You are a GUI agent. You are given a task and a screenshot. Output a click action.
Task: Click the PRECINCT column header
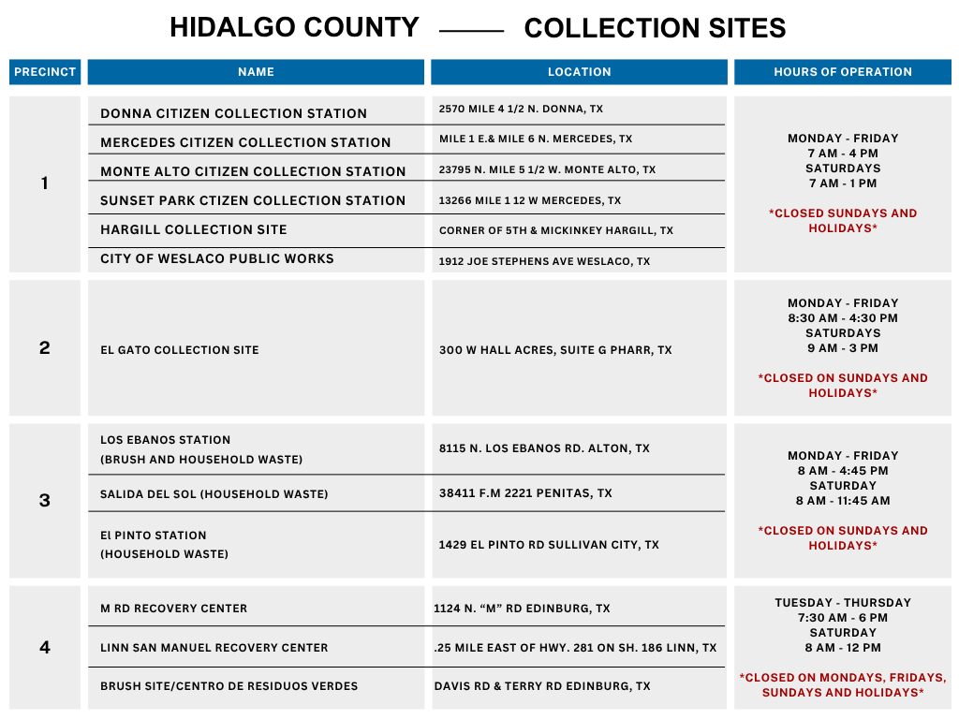(x=45, y=72)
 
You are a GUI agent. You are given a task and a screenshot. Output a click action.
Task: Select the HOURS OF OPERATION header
(x=842, y=72)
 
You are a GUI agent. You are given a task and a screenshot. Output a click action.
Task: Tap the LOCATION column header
(x=579, y=72)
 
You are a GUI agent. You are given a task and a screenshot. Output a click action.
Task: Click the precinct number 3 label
(x=45, y=500)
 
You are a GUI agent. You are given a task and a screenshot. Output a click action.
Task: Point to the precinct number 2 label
(x=45, y=348)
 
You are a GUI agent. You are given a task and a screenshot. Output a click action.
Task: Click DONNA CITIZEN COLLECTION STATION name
(x=233, y=113)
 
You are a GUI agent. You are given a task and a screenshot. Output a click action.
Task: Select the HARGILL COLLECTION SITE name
(x=194, y=229)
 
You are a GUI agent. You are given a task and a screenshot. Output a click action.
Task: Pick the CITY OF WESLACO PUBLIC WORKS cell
(x=217, y=258)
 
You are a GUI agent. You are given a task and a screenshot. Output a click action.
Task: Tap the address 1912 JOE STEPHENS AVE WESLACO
(x=544, y=262)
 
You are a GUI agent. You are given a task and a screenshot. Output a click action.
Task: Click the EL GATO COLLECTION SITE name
(x=180, y=350)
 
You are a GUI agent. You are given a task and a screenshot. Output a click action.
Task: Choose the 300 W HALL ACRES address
(x=555, y=350)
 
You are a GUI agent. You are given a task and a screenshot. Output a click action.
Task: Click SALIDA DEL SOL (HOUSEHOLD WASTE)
(x=214, y=494)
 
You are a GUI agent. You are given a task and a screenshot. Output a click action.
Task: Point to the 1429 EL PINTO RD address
(x=549, y=545)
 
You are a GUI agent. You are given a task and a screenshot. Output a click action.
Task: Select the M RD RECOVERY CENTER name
(x=174, y=609)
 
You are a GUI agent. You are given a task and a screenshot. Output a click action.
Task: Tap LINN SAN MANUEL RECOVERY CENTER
(x=214, y=648)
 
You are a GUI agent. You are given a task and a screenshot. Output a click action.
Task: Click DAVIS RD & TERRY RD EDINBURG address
(x=542, y=686)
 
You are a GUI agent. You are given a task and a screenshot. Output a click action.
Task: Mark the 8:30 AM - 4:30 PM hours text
(x=843, y=318)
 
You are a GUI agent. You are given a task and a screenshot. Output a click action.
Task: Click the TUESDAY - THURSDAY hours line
(x=843, y=603)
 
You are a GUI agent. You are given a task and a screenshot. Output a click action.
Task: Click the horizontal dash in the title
(x=471, y=31)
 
